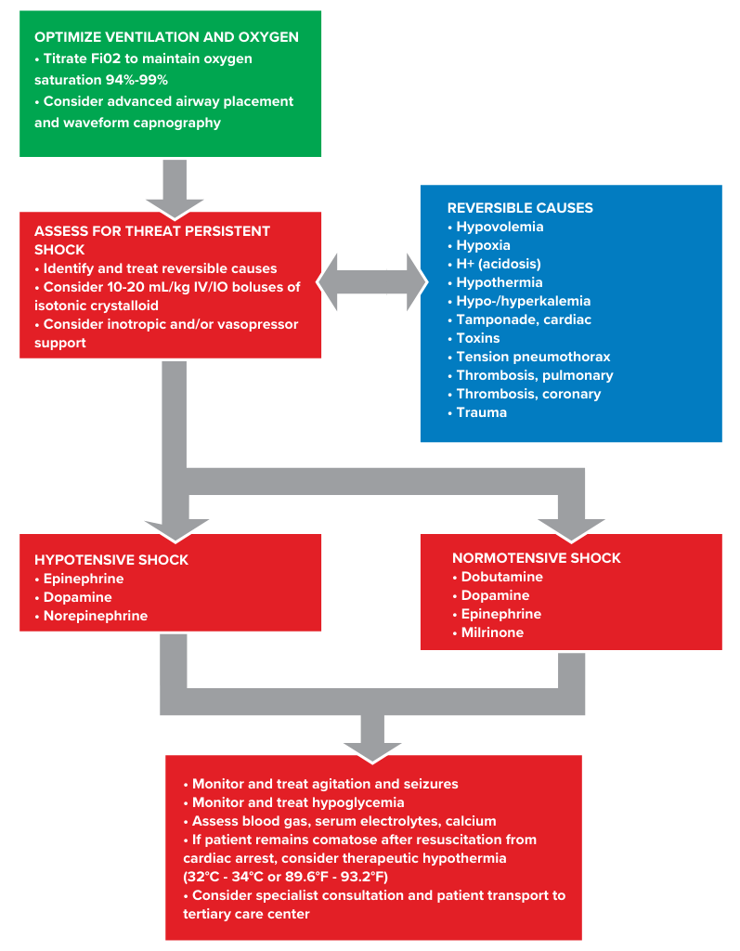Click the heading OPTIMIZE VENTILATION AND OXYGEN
point(166,37)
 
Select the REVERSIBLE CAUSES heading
point(520,208)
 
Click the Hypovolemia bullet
point(500,227)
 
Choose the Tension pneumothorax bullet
point(533,357)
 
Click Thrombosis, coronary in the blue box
point(528,394)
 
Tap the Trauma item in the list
point(481,412)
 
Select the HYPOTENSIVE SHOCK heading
point(111,560)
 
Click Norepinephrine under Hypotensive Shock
point(95,616)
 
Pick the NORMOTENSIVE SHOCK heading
point(537,558)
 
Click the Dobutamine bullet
point(501,577)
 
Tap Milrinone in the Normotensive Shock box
point(492,632)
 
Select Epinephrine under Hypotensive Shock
point(83,579)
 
